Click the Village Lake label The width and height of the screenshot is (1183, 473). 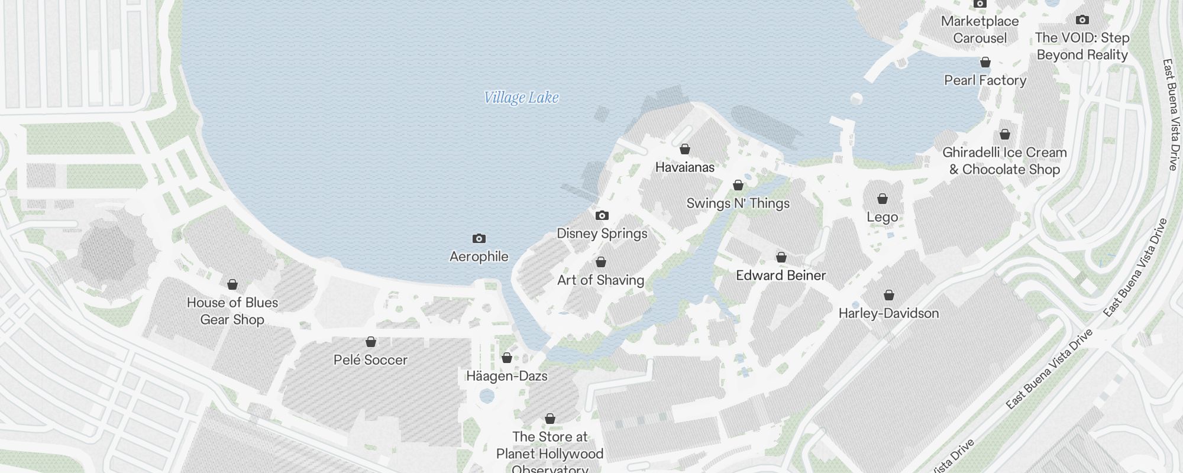tap(521, 98)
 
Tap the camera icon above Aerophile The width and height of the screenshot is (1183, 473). tap(479, 238)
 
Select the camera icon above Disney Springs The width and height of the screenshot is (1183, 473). tap(602, 215)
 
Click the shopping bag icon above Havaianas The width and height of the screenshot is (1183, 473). tap(685, 149)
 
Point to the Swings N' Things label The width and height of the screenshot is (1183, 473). tap(738, 203)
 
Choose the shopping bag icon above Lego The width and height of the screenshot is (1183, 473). tap(883, 199)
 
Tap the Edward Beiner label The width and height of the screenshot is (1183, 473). tap(781, 275)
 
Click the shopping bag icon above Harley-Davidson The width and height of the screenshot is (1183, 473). tap(889, 295)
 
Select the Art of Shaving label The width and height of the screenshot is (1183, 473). tap(600, 280)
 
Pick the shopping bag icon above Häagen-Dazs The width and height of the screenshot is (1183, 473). tap(507, 358)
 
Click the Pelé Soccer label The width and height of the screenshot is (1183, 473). tap(370, 360)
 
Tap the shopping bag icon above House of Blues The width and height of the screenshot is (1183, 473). tap(232, 284)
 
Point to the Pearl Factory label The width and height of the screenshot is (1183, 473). tap(985, 80)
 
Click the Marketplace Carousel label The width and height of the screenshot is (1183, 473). tap(980, 30)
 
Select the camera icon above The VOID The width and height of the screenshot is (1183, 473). tap(1082, 20)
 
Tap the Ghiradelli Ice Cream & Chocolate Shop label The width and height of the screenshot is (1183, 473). tap(1004, 161)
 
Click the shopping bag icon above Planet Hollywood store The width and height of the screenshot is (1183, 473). tap(550, 419)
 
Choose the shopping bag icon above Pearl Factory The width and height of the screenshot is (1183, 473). tap(985, 62)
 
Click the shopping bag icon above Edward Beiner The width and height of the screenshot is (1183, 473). tap(781, 257)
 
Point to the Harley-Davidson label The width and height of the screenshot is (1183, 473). tap(888, 313)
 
